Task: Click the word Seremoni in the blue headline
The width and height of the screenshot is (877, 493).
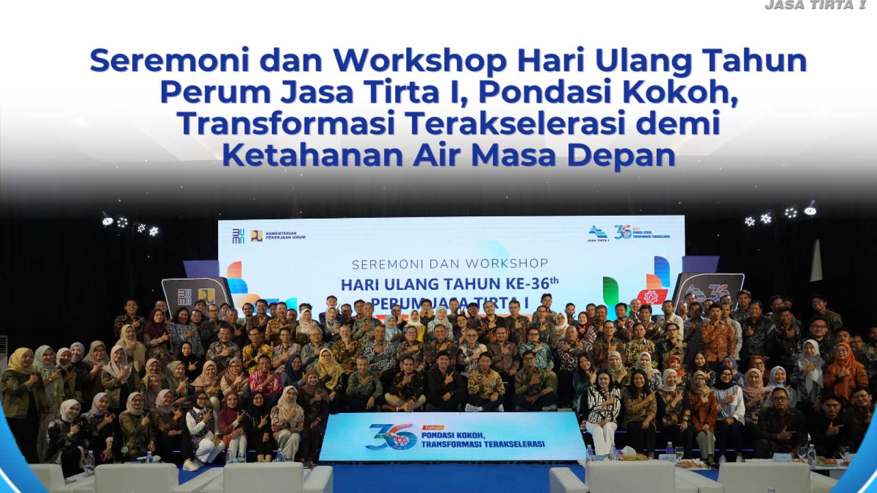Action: point(169,60)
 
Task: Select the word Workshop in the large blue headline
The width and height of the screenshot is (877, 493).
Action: point(419,61)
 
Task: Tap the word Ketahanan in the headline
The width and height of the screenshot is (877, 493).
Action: point(312,155)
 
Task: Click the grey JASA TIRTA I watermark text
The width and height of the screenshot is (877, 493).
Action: point(815,5)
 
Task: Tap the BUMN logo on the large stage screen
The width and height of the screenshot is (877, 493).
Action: point(238,236)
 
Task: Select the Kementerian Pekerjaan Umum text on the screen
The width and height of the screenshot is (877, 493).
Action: point(285,236)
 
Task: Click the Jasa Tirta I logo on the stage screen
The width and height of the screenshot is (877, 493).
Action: point(597,233)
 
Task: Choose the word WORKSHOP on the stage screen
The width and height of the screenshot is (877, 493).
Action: point(506,263)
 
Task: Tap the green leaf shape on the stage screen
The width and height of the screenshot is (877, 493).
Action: point(611,290)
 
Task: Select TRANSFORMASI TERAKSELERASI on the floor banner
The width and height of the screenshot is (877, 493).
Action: point(482,444)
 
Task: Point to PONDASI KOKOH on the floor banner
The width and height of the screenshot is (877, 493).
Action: point(453,435)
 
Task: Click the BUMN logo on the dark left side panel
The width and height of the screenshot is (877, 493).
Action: point(185,297)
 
